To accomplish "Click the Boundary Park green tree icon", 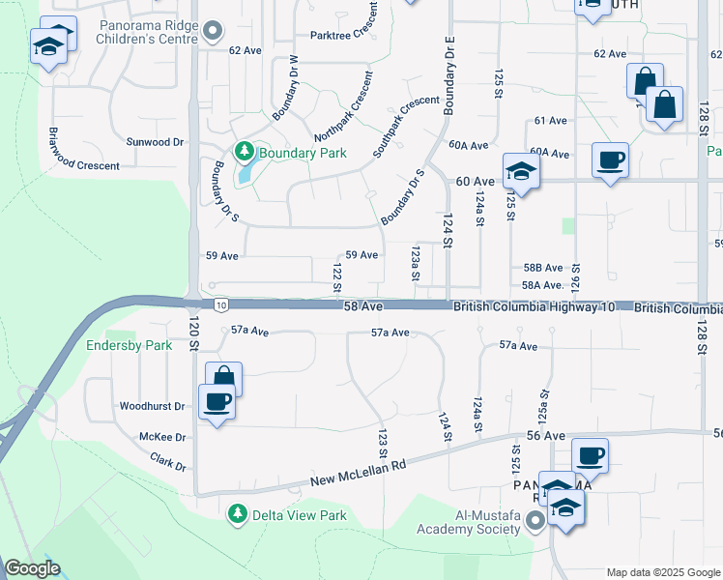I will pos(244,152).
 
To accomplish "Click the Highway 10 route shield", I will pos(221,304).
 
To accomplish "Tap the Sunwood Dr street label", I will pos(155,142).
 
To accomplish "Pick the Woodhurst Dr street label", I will pos(151,407).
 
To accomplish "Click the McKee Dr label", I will pos(162,436).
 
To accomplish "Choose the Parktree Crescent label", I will pos(343,33).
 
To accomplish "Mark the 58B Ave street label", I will pos(542,268).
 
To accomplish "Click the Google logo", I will pos(32,568).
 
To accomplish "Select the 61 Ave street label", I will pos(550,121).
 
